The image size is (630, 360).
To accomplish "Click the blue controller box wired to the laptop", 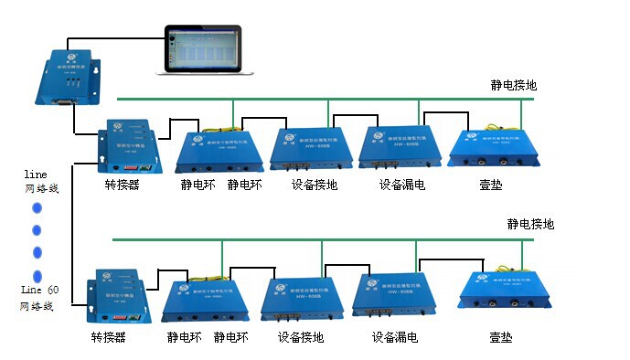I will pos(68,77).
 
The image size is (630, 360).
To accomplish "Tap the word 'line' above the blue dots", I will pos(35,173).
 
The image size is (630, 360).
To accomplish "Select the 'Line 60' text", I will pos(39,290).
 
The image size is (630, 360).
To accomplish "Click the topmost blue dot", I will pos(37,207).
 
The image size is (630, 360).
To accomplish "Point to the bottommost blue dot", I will pos(37,275).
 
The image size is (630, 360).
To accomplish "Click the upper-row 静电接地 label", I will pos(513,86).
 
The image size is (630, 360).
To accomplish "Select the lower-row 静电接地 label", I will pos(530,224).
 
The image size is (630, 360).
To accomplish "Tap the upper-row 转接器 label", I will pos(122,185).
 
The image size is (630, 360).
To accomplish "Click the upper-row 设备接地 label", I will pos(314,185).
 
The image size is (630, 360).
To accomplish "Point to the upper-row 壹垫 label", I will pos(490,185).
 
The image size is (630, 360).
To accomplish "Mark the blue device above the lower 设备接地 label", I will pos(302,297).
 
